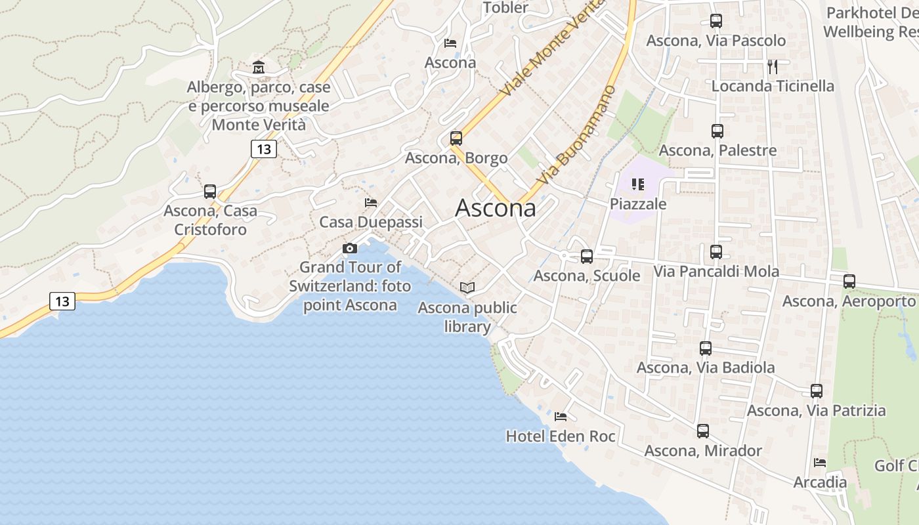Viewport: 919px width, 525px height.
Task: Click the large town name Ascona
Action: click(495, 208)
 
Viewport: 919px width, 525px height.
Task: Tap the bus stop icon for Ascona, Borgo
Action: click(456, 138)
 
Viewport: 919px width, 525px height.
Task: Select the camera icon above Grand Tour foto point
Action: click(350, 248)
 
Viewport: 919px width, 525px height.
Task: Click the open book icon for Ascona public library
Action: click(467, 287)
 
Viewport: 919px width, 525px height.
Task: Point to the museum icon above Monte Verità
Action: click(259, 68)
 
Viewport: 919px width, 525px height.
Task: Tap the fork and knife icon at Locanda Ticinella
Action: click(773, 66)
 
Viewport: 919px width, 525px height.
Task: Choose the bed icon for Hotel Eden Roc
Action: click(561, 417)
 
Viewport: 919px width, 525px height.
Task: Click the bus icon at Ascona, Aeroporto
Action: click(849, 282)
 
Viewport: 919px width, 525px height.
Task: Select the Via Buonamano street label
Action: click(577, 135)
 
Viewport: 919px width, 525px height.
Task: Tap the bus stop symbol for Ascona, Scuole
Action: click(587, 257)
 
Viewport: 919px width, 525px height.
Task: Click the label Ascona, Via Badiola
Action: click(706, 367)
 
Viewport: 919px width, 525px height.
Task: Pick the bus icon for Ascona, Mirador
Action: click(703, 431)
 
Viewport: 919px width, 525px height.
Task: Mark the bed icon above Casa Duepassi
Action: click(371, 203)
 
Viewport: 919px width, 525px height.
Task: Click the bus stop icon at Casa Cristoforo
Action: click(210, 192)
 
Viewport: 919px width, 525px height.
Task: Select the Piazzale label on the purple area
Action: click(638, 204)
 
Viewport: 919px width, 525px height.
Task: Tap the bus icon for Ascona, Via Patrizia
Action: click(817, 391)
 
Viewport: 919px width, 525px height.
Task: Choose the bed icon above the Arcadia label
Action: click(820, 463)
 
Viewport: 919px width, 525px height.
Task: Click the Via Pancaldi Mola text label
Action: click(716, 271)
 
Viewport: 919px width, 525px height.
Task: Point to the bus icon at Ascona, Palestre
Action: click(717, 131)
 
